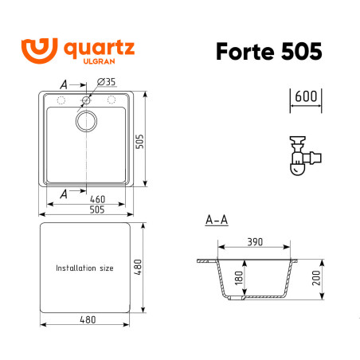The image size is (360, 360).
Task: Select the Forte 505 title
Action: [269, 50]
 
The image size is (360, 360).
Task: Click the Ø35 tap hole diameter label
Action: [106, 81]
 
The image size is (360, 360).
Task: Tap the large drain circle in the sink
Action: [86, 121]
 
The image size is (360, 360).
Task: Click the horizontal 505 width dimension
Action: [88, 210]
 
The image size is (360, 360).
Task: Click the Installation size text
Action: [84, 268]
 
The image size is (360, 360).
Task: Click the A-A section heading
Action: [217, 219]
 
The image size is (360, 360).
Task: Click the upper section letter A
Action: [64, 83]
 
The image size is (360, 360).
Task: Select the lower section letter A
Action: [64, 191]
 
